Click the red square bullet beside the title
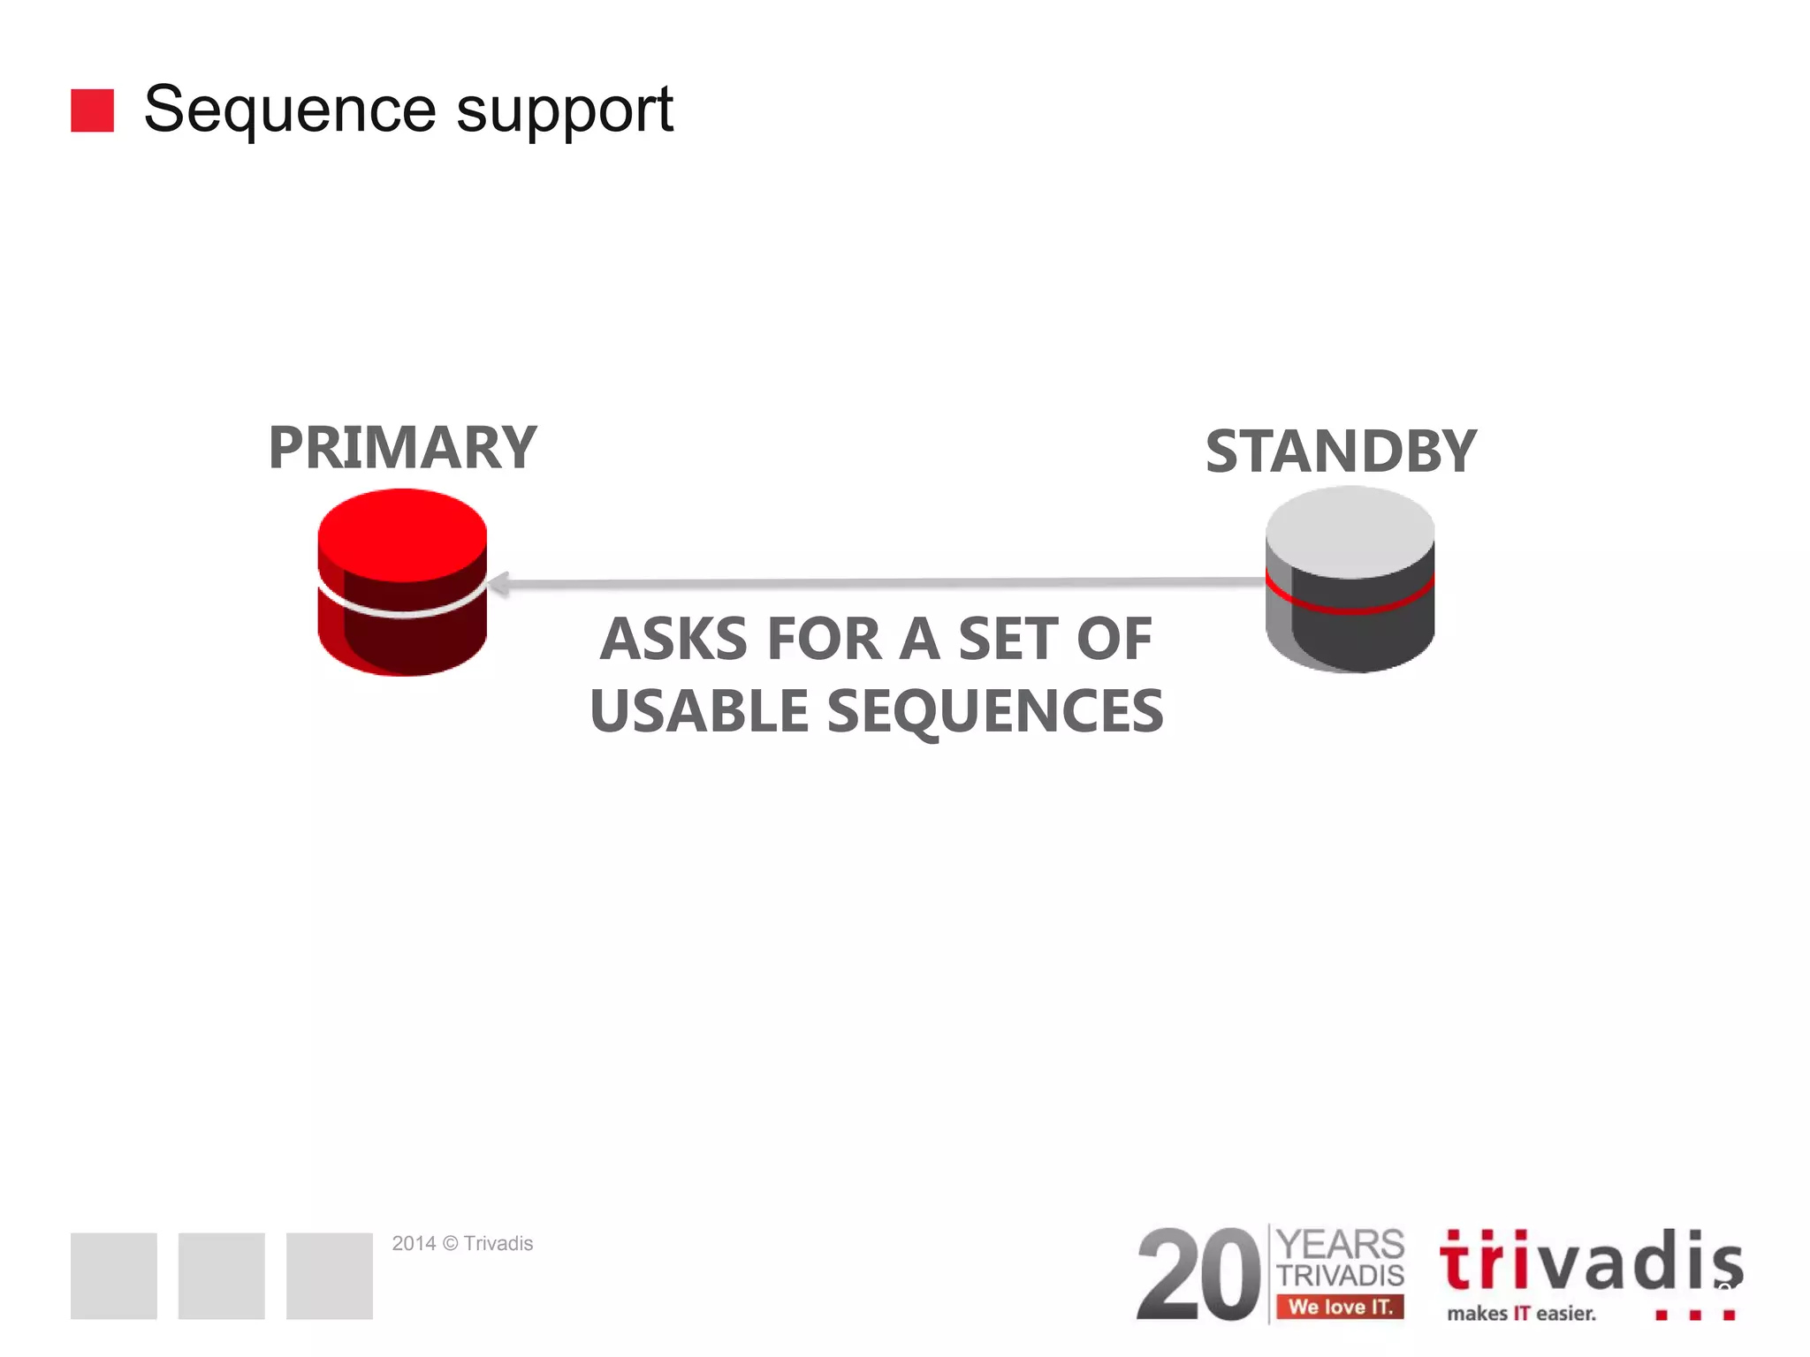(92, 110)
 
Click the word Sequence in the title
(290, 110)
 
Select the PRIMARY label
(402, 448)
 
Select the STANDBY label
(1341, 451)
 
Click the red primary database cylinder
(402, 583)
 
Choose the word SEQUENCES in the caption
(995, 711)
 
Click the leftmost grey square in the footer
(114, 1276)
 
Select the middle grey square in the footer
(222, 1276)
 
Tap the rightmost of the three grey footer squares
(330, 1276)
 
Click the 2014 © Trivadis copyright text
(462, 1244)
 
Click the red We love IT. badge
(1340, 1307)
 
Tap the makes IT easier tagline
(1521, 1314)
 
